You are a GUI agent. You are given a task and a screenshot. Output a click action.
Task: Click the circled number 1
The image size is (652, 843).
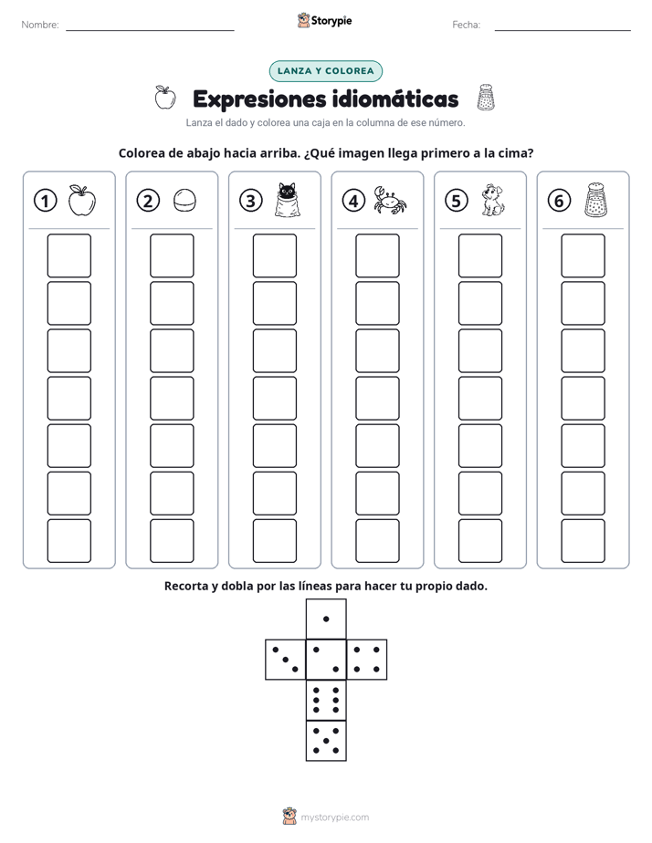pyautogui.click(x=45, y=201)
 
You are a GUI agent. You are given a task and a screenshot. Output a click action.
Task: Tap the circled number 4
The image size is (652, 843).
pyautogui.click(x=353, y=201)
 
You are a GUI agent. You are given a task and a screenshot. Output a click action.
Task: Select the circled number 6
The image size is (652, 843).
pyautogui.click(x=559, y=201)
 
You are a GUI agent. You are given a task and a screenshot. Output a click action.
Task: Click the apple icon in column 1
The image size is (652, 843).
pyautogui.click(x=82, y=201)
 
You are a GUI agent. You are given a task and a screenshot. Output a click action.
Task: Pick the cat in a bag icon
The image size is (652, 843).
pyautogui.click(x=287, y=200)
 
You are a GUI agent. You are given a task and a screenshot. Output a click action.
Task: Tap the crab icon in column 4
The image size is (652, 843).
pyautogui.click(x=390, y=200)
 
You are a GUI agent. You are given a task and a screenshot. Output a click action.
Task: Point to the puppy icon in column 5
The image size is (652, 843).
pyautogui.click(x=492, y=201)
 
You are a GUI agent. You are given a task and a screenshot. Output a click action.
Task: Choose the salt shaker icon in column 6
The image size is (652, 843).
pyautogui.click(x=595, y=200)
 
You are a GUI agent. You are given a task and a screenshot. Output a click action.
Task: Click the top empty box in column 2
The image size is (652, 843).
pyautogui.click(x=172, y=255)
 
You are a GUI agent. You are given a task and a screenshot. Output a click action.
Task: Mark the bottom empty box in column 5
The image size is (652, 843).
pyautogui.click(x=479, y=541)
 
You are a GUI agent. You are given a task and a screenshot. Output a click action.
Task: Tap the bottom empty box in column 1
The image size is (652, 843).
pyautogui.click(x=68, y=541)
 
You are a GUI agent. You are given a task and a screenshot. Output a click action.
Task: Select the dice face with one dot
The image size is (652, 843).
pyautogui.click(x=326, y=619)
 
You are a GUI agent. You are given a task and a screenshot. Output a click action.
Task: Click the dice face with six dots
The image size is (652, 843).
pyautogui.click(x=326, y=700)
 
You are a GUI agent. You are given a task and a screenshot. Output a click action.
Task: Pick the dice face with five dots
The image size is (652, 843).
pyautogui.click(x=326, y=741)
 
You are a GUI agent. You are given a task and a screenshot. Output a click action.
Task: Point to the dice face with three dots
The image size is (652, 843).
pyautogui.click(x=286, y=660)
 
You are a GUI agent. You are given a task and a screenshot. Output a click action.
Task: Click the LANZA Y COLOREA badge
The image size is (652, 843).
pyautogui.click(x=325, y=71)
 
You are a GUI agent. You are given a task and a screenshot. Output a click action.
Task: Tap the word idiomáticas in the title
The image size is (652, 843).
pyautogui.click(x=394, y=99)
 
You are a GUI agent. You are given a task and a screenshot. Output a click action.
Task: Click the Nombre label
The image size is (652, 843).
pyautogui.click(x=40, y=25)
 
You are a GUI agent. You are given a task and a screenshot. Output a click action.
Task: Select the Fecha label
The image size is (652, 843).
pyautogui.click(x=466, y=25)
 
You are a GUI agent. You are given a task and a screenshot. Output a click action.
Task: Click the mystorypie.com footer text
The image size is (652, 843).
pyautogui.click(x=334, y=817)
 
